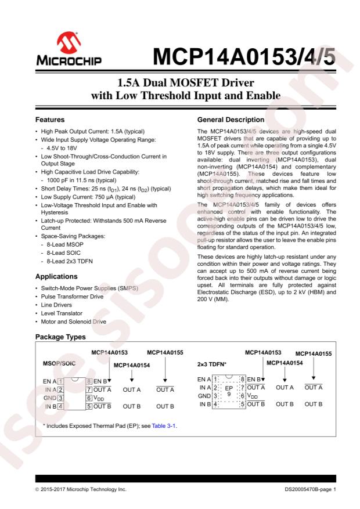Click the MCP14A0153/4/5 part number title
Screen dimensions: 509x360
(x=244, y=57)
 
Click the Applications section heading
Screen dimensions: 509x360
(x=57, y=276)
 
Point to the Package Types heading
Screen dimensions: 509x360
(x=60, y=337)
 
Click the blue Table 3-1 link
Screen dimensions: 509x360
(x=164, y=426)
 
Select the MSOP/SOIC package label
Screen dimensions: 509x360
(x=60, y=364)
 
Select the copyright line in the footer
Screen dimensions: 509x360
(x=81, y=490)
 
